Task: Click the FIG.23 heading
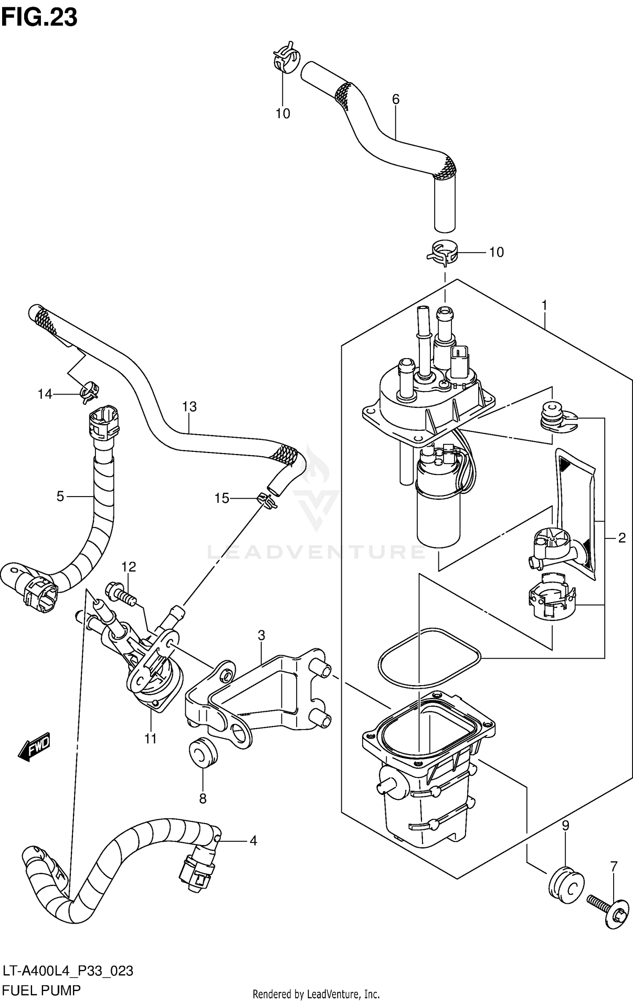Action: coord(39,18)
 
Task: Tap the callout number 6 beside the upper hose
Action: coord(395,100)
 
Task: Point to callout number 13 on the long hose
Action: coord(189,407)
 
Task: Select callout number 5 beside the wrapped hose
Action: coord(60,496)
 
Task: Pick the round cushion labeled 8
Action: coord(203,754)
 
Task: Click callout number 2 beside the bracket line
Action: coord(622,538)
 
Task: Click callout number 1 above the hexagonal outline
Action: coord(544,305)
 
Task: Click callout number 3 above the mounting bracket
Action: coord(261,635)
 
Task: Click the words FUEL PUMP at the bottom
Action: coord(41,990)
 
